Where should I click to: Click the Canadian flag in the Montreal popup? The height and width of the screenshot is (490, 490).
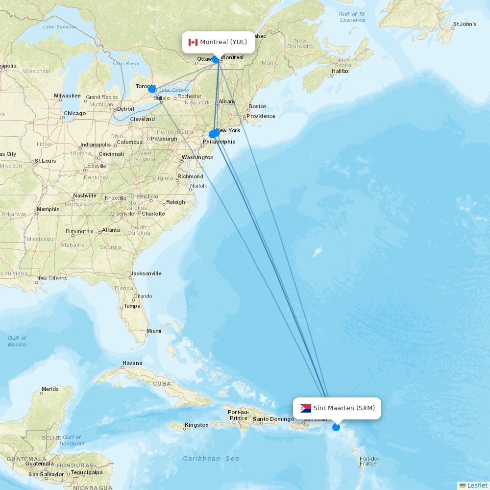point(193,42)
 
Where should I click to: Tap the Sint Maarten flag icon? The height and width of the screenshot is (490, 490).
point(306,408)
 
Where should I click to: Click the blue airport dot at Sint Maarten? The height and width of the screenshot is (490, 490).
point(336,427)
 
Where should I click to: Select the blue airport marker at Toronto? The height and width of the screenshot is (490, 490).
point(152,89)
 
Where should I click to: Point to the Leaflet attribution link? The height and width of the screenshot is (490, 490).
point(477,485)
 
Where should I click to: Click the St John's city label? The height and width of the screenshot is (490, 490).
point(465,24)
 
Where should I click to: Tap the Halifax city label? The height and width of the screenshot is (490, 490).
point(340,71)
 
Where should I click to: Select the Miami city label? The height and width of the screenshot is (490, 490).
point(153,331)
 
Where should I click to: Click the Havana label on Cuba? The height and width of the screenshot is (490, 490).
point(132,364)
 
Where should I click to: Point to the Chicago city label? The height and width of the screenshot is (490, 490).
point(74,113)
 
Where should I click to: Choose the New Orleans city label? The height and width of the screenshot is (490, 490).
point(51,278)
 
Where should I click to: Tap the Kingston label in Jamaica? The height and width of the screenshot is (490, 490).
point(196,425)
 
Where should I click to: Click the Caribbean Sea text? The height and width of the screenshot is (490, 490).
point(211,459)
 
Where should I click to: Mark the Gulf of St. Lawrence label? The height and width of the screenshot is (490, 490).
point(352,17)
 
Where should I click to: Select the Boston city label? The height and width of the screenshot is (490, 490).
point(257,106)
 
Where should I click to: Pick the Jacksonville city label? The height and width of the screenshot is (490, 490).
point(146,273)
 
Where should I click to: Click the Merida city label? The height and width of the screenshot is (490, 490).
point(50,390)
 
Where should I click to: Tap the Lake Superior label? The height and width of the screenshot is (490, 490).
point(59,26)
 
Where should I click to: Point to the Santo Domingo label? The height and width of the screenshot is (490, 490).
point(273,419)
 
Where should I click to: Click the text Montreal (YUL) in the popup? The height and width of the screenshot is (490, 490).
point(223,42)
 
